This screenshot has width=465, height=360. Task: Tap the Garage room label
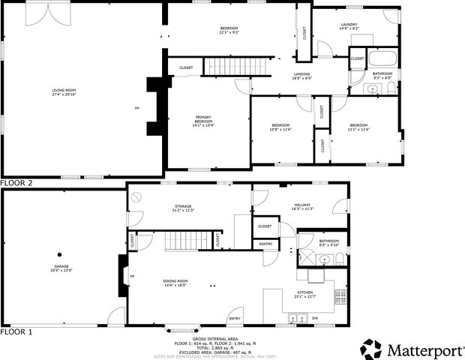point(61,268)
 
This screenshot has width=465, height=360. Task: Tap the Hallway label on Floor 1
point(301,205)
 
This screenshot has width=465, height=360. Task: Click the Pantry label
point(265,244)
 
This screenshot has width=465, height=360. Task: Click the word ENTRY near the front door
point(235,318)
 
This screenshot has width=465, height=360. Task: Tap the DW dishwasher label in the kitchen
point(314,318)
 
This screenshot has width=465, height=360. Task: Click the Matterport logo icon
point(371,349)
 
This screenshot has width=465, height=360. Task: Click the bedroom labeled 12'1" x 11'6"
point(358,127)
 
